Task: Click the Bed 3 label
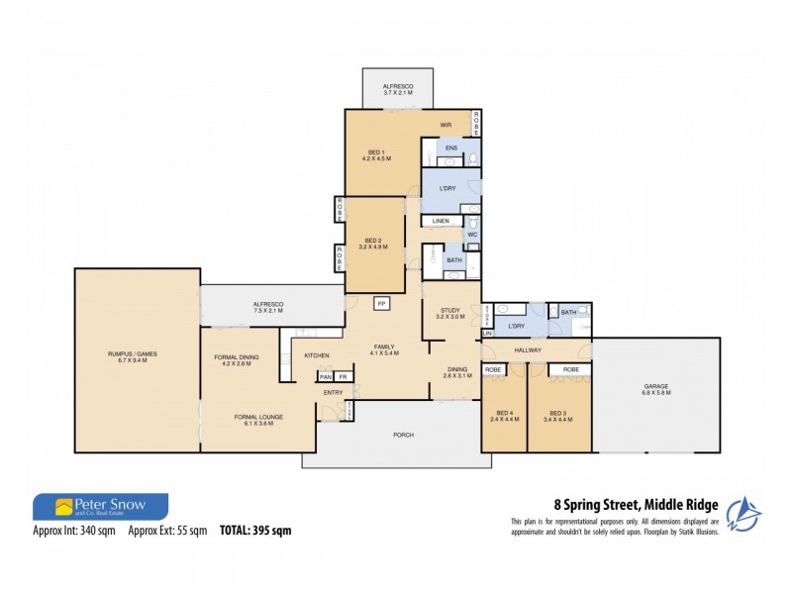pos(559,416)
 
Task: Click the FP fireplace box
pos(380,303)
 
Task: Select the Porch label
pos(402,435)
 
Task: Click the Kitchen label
pos(316,355)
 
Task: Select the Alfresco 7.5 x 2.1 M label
pos(268,308)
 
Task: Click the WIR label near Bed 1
pos(446,125)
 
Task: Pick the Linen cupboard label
pos(441,220)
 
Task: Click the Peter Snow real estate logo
pos(100,507)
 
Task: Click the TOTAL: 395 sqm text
pos(255,531)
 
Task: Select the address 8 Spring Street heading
pos(636,505)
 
